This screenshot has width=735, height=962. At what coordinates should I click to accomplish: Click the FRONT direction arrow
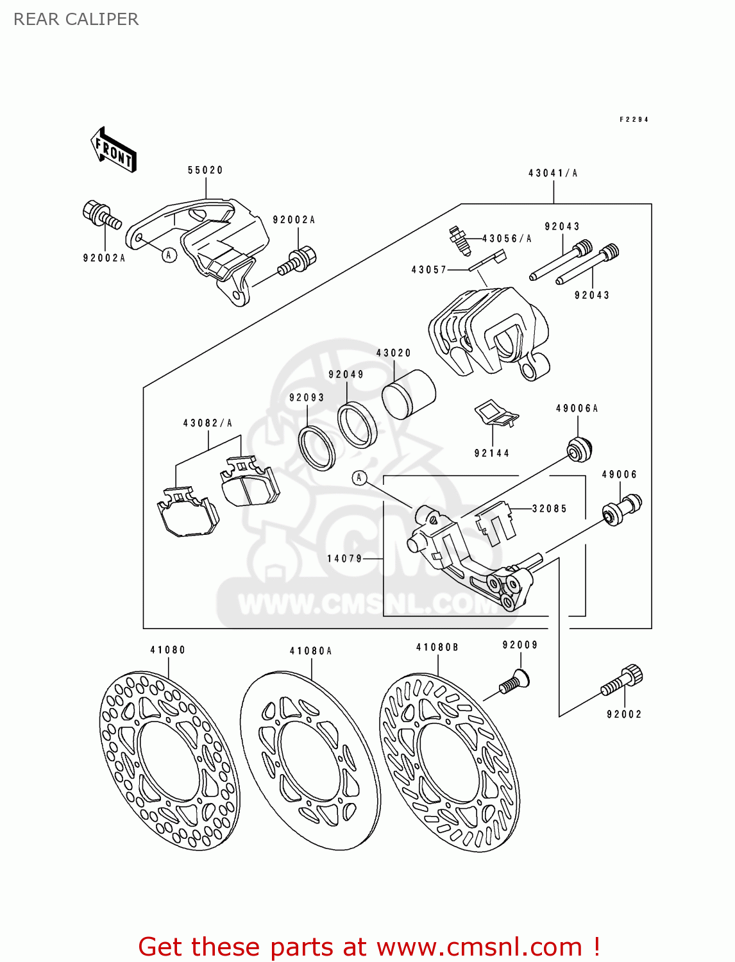(114, 149)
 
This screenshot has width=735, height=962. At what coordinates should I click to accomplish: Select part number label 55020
(205, 170)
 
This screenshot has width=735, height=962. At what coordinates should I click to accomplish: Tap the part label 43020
(393, 353)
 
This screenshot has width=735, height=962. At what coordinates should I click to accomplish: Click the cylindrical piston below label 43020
(409, 394)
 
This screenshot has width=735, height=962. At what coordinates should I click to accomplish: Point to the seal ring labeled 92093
(317, 447)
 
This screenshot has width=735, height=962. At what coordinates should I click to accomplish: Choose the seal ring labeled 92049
(357, 425)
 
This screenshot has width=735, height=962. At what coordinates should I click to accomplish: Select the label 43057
(429, 270)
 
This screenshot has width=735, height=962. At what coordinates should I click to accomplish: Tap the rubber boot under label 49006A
(580, 448)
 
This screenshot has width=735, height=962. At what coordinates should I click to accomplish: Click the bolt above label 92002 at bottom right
(621, 681)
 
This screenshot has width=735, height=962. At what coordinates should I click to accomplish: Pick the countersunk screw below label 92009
(514, 681)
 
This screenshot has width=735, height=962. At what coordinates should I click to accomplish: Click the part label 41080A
(310, 651)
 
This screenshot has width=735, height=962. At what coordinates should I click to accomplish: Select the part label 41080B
(437, 647)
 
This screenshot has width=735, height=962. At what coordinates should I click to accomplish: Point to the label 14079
(345, 559)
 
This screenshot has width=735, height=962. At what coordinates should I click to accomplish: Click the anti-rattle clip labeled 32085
(497, 522)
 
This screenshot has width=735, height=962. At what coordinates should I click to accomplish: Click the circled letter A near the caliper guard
(169, 255)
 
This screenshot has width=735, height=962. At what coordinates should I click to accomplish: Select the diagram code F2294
(634, 119)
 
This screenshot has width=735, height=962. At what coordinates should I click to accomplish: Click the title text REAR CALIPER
(76, 19)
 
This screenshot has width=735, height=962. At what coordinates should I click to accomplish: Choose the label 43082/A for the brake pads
(208, 423)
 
